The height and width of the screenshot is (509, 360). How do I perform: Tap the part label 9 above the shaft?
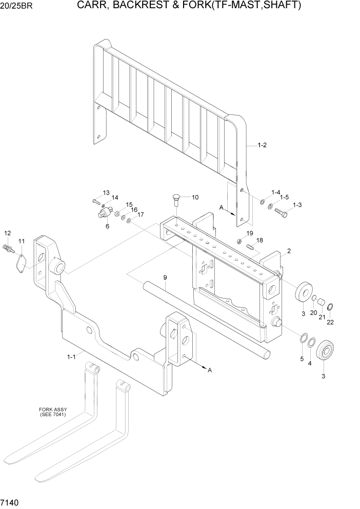point(165,278)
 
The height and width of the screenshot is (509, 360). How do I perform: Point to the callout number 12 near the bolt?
point(7,233)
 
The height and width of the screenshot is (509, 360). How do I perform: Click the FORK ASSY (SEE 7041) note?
point(53,412)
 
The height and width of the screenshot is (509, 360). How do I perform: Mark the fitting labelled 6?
point(106,212)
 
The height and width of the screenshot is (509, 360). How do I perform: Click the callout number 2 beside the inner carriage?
point(289,251)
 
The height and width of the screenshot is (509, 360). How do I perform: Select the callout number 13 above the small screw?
point(106,192)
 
